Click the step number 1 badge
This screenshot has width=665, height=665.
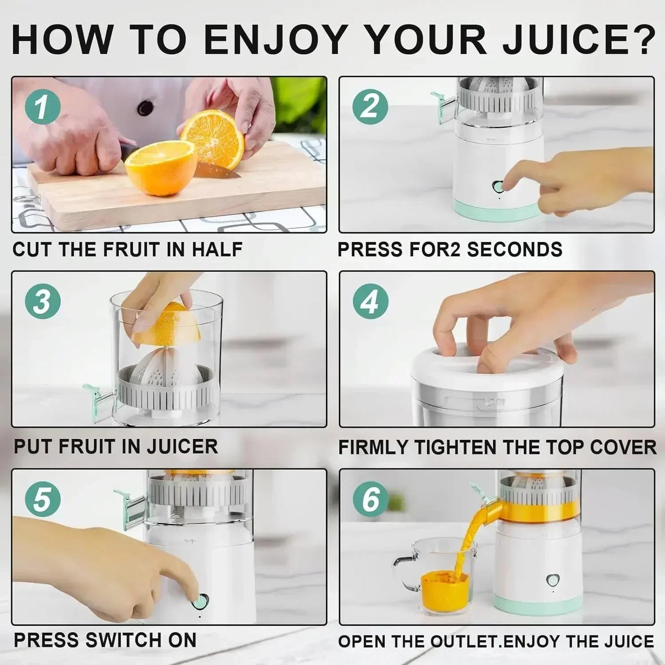pyautogui.click(x=42, y=107)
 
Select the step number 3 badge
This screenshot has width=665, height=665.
pyautogui.click(x=42, y=301)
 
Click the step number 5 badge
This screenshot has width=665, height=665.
pyautogui.click(x=42, y=499)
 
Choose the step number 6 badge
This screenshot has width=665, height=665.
pyautogui.click(x=370, y=499)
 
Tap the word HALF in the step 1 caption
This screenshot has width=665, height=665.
pyautogui.click(x=217, y=249)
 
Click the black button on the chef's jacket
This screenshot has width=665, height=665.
pyautogui.click(x=145, y=108)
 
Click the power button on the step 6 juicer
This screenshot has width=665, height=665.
pyautogui.click(x=551, y=580)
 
